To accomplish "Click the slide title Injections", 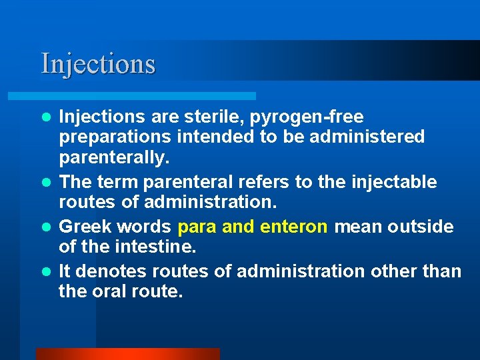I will coord(98,64).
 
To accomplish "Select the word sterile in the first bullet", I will coord(211,117).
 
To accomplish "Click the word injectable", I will coord(395,182).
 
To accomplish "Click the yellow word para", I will coord(197,227).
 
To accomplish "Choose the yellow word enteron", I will coord(294,227).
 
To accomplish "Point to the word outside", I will coord(419,227).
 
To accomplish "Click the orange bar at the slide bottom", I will coord(127,353).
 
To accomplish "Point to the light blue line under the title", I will coord(147,96).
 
